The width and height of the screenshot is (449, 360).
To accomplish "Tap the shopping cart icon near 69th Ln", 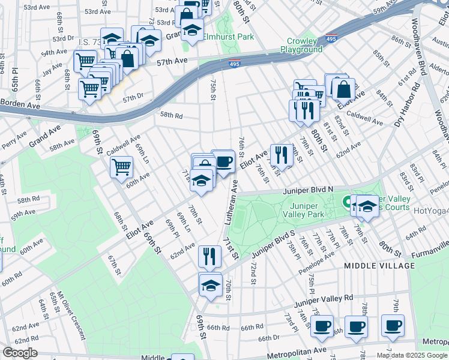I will tap(122, 166).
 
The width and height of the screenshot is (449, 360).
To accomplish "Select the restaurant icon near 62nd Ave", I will tap(209, 256).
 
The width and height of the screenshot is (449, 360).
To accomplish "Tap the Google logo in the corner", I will tap(20, 353).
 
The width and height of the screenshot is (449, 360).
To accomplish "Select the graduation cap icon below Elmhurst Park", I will tap(193, 31).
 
